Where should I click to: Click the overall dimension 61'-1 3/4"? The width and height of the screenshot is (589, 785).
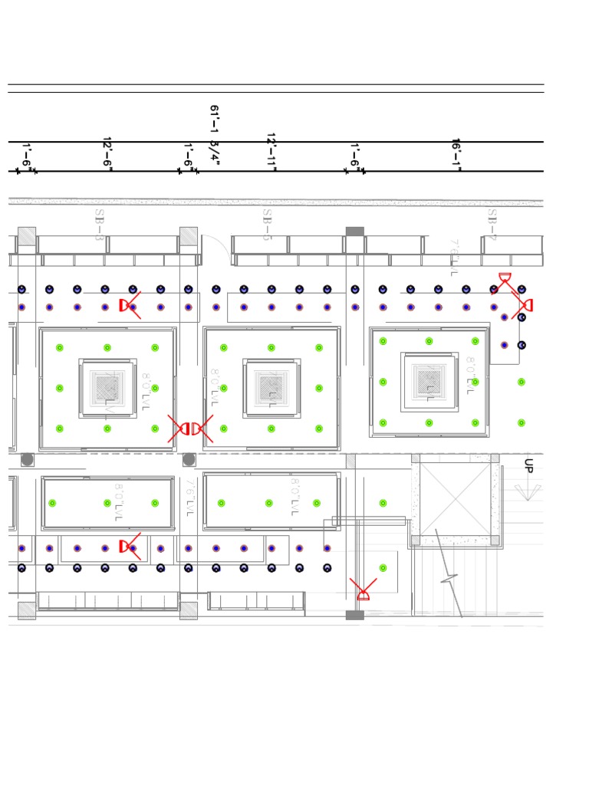[215, 135]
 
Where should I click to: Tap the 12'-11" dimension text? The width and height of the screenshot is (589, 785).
[271, 150]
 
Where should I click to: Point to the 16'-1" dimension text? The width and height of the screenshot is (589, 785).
[456, 154]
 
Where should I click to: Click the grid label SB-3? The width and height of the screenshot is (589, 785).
[99, 225]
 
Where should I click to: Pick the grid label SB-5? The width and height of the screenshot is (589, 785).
[267, 225]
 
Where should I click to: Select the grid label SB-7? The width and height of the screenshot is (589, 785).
[492, 225]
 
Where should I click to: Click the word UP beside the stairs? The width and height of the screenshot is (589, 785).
[528, 465]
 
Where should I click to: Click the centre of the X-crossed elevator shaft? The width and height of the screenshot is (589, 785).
[456, 499]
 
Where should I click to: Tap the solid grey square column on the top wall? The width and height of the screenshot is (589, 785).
[354, 232]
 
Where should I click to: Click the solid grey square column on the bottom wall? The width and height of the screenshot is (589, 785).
[354, 615]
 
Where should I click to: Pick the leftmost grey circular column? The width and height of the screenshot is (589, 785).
[28, 459]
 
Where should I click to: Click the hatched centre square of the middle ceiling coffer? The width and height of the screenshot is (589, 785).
[272, 388]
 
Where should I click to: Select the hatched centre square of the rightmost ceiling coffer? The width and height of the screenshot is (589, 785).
[429, 382]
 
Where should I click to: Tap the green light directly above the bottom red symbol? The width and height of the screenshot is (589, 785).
[383, 568]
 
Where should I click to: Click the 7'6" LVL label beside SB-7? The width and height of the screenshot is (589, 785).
[454, 258]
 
